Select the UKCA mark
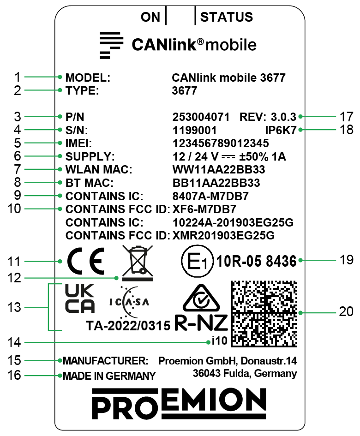point(79,298)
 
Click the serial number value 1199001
point(194,131)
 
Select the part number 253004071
point(201,117)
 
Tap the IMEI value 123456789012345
point(220,143)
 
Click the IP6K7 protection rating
point(281,131)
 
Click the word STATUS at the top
point(227,18)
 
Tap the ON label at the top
point(150,18)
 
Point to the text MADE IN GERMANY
point(109,376)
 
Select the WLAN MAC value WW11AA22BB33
point(218,170)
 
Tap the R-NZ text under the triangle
point(201,323)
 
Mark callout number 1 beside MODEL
point(17,77)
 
